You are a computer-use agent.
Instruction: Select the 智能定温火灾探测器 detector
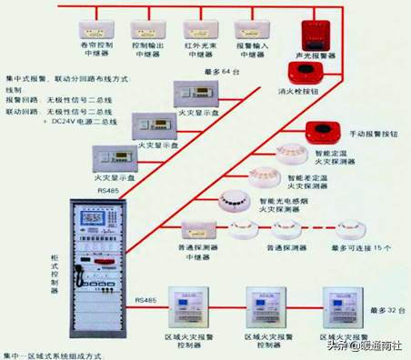click(293, 151)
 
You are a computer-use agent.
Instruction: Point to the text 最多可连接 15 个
click(361, 247)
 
